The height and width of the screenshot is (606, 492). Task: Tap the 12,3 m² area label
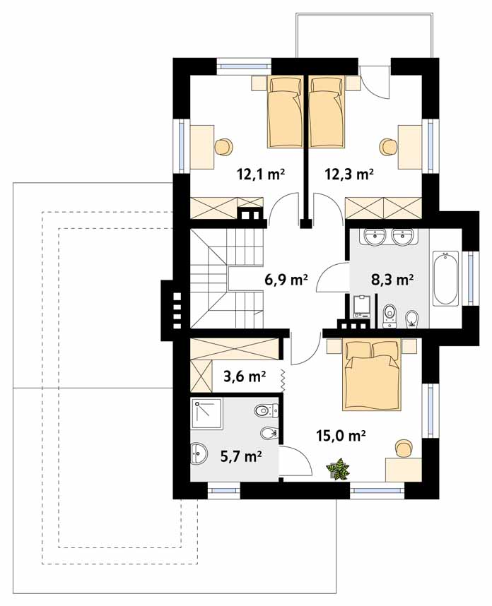[x=348, y=173]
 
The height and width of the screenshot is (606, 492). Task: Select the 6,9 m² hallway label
[x=286, y=280]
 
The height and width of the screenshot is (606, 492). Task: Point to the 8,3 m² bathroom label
[x=392, y=280]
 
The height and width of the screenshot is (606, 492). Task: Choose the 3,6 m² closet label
[x=244, y=376]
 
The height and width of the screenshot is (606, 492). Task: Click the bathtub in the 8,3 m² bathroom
[x=445, y=278]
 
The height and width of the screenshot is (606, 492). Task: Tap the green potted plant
[x=338, y=469]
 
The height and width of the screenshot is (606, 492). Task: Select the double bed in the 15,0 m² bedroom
[x=371, y=374]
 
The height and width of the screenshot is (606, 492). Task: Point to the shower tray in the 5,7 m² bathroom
[x=207, y=413]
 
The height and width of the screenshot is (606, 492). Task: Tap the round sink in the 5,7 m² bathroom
[x=199, y=455]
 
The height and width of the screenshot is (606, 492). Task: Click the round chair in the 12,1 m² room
[x=223, y=147]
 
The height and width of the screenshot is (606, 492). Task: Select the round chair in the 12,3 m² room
[x=388, y=147]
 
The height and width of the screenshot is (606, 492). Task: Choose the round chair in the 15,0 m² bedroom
[x=404, y=447]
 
